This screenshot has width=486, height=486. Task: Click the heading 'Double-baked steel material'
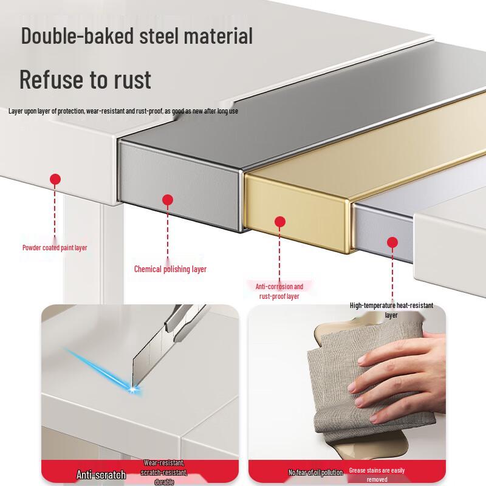[x=137, y=36]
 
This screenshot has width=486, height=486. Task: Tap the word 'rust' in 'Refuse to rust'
[x=129, y=80]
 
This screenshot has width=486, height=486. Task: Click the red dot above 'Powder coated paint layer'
[x=55, y=179]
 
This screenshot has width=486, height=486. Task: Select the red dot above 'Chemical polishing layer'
[x=168, y=199]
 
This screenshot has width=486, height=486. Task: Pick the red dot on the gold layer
[x=280, y=222]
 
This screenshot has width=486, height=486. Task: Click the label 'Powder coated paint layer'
[x=55, y=248]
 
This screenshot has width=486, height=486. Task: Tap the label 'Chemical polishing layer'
[x=170, y=269]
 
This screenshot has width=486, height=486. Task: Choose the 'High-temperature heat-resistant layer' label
[x=391, y=310]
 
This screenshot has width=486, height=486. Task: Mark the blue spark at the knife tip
[x=132, y=389]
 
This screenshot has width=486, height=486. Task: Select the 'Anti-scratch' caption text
[x=101, y=475]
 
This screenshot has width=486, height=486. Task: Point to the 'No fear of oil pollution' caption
[x=316, y=473]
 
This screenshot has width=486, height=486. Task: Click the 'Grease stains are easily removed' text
[x=377, y=474]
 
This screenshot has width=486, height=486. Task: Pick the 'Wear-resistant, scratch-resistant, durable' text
[x=164, y=472]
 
